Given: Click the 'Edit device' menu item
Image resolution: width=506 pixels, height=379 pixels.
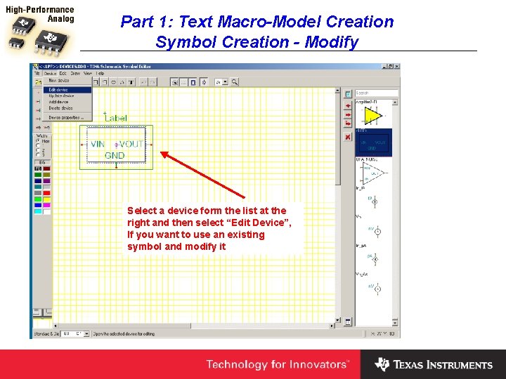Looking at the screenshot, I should coord(58,90).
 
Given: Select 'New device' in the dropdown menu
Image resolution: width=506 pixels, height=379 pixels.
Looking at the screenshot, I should coord(59,81).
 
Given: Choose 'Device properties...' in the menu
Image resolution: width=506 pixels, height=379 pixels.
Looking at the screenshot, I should coord(65,117).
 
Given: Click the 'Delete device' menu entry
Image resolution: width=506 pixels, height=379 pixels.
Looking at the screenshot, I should coord(60,108).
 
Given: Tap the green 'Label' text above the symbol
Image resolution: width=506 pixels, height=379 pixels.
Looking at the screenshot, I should coord(116,118).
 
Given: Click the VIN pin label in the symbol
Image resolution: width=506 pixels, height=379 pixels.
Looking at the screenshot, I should coord(98,144).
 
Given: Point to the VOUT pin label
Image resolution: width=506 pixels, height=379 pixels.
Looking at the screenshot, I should coord(131,144).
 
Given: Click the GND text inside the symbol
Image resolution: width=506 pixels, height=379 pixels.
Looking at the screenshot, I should coord(115,155).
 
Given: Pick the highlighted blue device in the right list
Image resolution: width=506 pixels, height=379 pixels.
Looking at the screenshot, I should coord(372,142).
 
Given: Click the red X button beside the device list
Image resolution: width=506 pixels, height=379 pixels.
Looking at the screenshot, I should coord(348,137).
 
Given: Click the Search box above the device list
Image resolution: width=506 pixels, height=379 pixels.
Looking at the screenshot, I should coord(376,93).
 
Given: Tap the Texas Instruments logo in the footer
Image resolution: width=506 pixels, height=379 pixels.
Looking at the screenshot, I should coord(434,364).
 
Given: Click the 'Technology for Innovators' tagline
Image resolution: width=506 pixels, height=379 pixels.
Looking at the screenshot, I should coord(277,364).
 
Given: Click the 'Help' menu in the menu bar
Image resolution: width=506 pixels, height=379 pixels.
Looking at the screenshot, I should coord(100,73).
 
